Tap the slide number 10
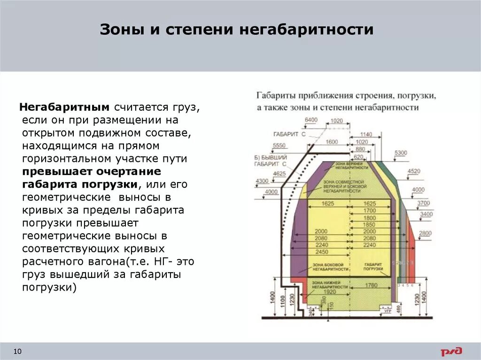coord(18,352)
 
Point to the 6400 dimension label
coord(311,120)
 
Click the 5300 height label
coord(401,153)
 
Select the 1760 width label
coord(371,285)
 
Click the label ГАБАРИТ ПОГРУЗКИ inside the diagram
coord(374,267)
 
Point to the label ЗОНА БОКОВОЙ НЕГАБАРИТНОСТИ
coord(331,267)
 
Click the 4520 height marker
coord(413,171)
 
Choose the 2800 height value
coord(425,233)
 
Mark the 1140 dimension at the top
coord(365,134)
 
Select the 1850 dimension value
coord(370,225)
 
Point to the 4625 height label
coord(279,174)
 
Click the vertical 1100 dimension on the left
coord(282,300)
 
